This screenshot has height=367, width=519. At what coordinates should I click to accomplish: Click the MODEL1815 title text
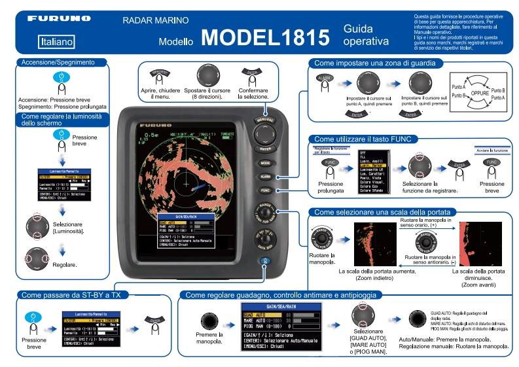tap(266, 37)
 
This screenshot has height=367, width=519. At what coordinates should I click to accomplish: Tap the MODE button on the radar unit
tap(265, 163)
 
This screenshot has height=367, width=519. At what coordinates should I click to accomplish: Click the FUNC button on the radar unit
tap(265, 190)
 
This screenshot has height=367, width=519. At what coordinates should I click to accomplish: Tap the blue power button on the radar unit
tap(265, 261)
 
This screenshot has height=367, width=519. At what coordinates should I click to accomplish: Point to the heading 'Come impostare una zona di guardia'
tap(378, 63)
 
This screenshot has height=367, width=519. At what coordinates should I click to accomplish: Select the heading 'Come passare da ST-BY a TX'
tap(72, 296)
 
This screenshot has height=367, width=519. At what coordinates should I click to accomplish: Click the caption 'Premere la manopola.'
tap(210, 338)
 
